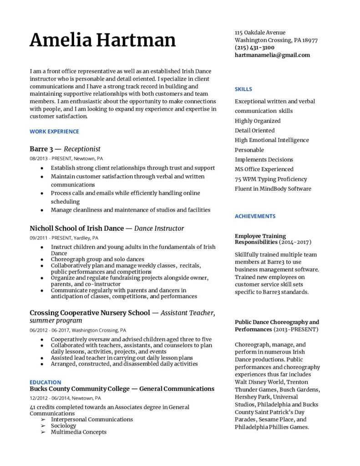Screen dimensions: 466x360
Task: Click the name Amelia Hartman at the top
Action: (102, 41)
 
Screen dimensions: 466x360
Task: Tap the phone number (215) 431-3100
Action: (254, 47)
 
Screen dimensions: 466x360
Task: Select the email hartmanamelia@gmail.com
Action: (272, 55)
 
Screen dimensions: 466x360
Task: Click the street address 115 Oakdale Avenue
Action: (260, 33)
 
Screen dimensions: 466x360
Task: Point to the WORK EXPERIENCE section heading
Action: (54, 132)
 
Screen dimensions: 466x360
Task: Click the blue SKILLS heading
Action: (243, 89)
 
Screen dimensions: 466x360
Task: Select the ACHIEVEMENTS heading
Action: (255, 216)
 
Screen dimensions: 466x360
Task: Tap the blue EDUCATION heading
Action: (45, 382)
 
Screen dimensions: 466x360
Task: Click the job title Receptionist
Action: (82, 149)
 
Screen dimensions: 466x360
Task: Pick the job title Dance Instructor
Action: (159, 228)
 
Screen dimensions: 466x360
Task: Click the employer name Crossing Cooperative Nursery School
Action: (90, 313)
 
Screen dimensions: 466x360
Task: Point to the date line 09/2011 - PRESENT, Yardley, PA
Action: (64, 238)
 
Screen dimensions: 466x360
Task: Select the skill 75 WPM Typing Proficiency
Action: (271, 179)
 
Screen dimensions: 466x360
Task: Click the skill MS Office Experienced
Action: (264, 169)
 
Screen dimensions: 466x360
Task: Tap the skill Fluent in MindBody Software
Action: (273, 189)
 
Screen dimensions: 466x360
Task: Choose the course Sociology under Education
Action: (64, 425)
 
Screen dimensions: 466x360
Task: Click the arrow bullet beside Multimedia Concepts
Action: (43, 432)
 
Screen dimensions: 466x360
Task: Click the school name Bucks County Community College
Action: (79, 389)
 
